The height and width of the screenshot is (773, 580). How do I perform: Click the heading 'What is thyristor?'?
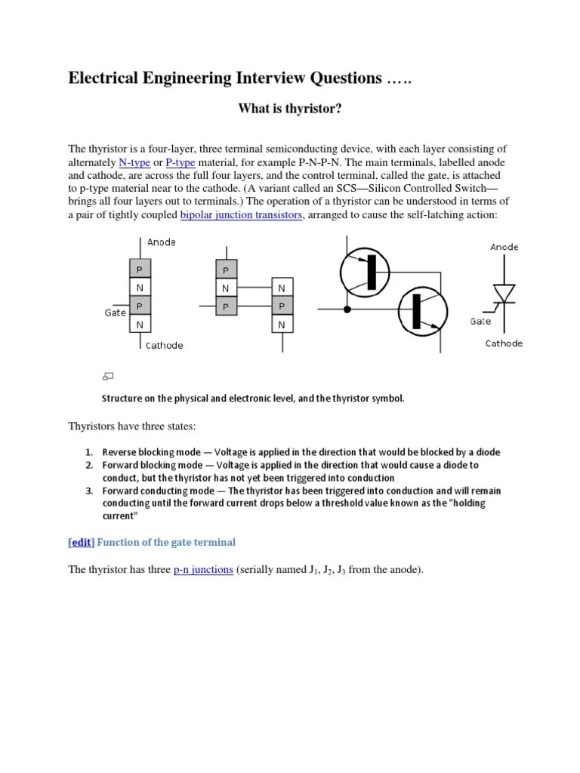(290, 109)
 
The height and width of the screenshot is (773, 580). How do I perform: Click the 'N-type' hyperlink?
(135, 162)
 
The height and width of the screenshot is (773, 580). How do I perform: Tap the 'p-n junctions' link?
(203, 569)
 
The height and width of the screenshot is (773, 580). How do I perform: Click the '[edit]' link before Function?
(81, 542)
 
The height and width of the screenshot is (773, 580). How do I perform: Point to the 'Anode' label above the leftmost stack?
(161, 242)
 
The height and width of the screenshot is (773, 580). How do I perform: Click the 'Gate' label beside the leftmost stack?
(115, 313)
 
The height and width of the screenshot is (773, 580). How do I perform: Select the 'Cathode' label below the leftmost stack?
(164, 345)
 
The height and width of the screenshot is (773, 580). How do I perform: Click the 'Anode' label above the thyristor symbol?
(504, 247)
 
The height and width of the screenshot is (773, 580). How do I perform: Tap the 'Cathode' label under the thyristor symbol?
(504, 343)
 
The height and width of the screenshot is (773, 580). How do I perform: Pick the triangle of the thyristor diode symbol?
(504, 292)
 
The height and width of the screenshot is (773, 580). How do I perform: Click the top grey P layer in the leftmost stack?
(140, 269)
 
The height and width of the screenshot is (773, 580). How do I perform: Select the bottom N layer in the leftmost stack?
(140, 325)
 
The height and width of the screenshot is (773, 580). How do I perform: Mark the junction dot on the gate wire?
(347, 310)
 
